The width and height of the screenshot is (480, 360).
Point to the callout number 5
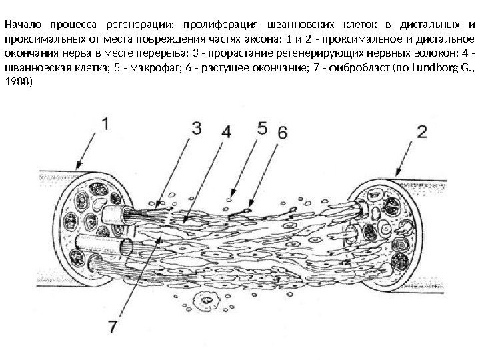click(261, 126)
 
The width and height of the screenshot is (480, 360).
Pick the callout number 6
click(282, 132)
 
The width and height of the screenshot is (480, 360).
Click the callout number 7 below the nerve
click(113, 327)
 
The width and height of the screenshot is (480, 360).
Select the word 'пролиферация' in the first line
click(217, 27)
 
